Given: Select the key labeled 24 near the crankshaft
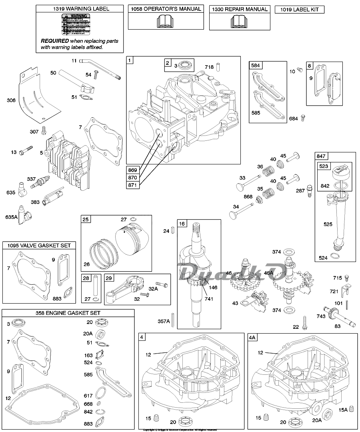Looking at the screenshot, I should pyautogui.click(x=172, y=231).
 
